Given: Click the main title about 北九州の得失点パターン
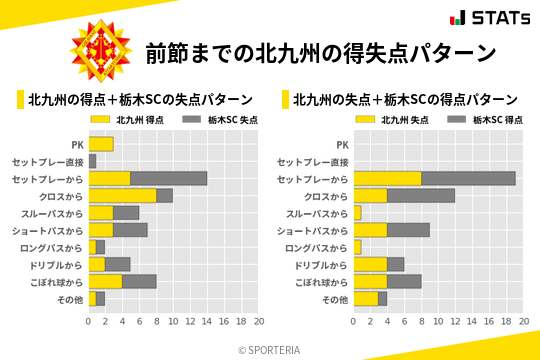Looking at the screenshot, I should tap(320, 52).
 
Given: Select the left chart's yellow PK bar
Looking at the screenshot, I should tap(101, 144).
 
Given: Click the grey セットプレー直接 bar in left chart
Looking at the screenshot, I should tap(93, 161).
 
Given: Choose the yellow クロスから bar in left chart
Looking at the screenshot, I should tap(123, 195).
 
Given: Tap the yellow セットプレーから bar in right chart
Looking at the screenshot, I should tap(387, 178).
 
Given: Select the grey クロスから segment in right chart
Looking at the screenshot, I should tap(421, 195).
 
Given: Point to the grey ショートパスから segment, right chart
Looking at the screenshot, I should tap(408, 230).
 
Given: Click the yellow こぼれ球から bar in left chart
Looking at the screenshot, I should tap(106, 281).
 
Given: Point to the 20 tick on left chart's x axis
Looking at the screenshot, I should tap(258, 322).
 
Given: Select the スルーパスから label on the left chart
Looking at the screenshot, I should tap(55, 213).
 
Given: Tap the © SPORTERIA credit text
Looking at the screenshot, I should tap(270, 349).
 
